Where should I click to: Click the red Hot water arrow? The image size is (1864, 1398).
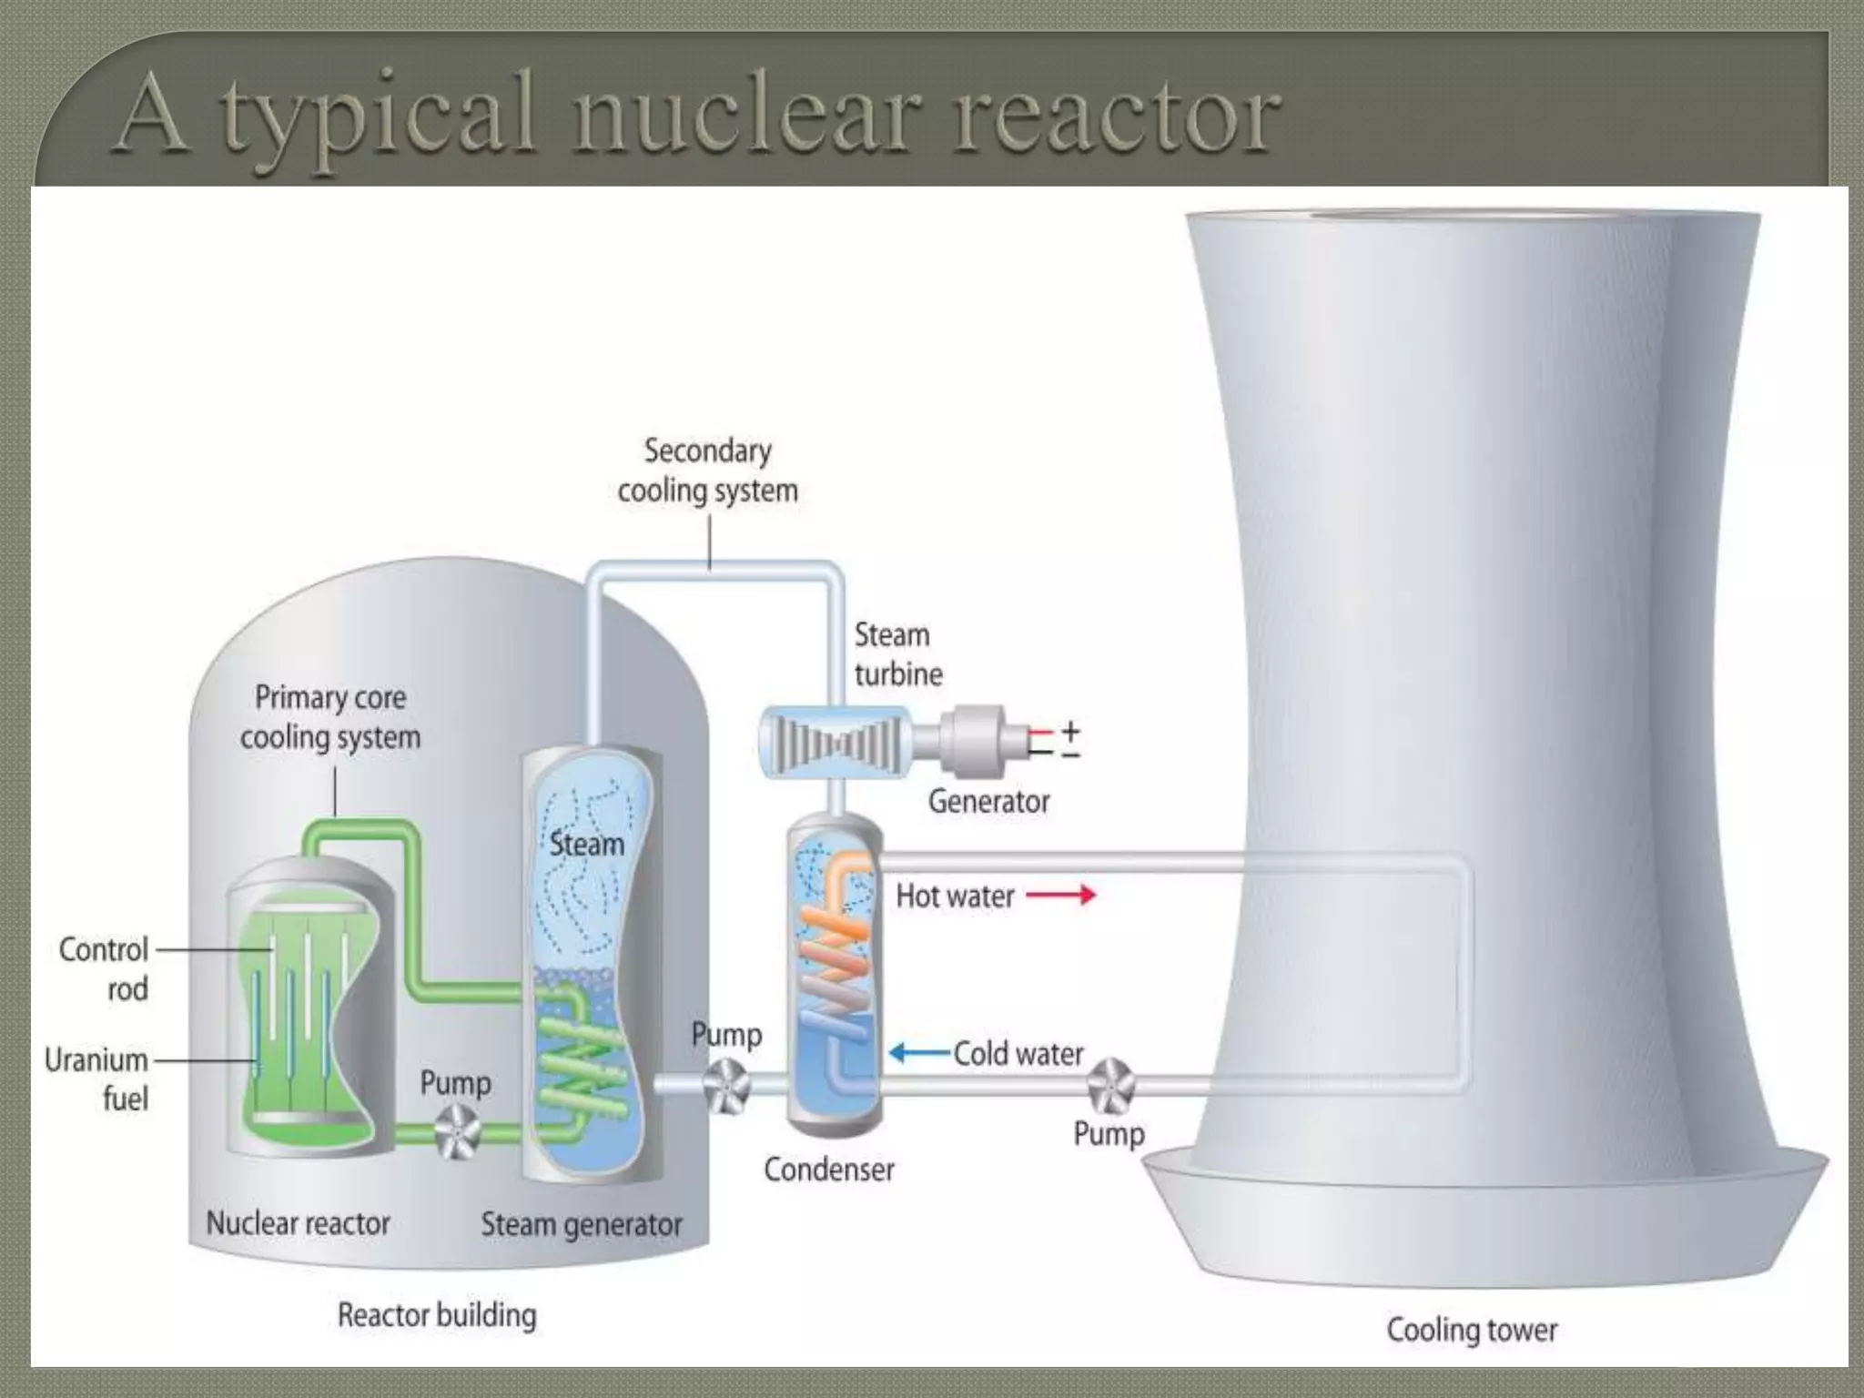[x=1060, y=896]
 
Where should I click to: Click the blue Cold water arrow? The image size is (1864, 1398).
[x=920, y=1053]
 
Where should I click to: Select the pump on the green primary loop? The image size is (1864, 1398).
[x=457, y=1131]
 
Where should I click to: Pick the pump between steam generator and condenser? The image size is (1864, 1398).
[x=726, y=1085]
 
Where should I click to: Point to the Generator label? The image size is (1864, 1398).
[x=988, y=802]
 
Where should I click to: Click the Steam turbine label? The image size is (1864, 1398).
[x=897, y=654]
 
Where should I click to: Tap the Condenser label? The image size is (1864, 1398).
[x=828, y=1170]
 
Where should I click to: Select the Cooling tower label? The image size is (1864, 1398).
[x=1472, y=1330]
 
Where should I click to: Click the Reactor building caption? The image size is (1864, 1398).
[x=437, y=1315]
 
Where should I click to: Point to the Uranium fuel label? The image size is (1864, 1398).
[x=96, y=1079]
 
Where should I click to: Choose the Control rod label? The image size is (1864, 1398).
[x=104, y=969]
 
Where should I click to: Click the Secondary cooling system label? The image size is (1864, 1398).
[x=707, y=471]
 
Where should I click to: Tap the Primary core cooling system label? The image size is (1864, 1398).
[x=330, y=717]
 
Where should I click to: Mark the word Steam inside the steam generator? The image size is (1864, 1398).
[x=587, y=845]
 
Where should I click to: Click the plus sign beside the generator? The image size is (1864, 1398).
[x=1071, y=731]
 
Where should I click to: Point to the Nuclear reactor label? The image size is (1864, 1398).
[x=298, y=1223]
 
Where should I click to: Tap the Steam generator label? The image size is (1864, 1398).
[x=582, y=1225]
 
